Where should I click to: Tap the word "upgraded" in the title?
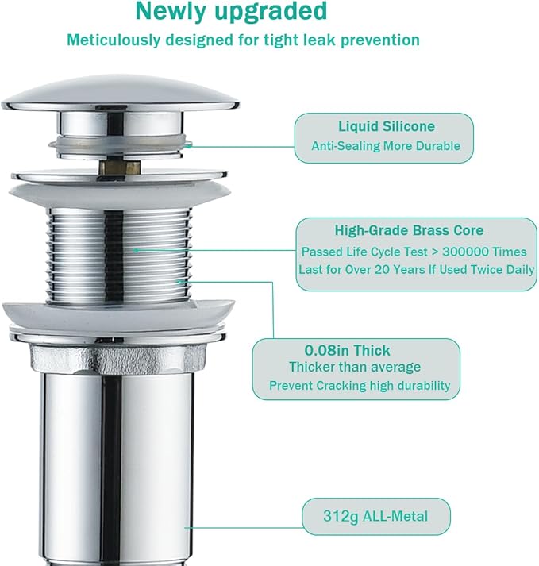pos(271,12)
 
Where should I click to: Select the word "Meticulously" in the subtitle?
pos(114,40)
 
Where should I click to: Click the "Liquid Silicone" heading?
pos(387,126)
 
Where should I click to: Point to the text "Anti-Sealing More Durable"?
pos(386,146)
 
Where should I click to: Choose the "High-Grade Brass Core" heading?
pos(409,230)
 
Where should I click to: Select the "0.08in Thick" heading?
pos(347,350)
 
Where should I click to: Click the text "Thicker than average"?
pos(355,367)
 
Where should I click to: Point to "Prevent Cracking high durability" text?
pos(360,386)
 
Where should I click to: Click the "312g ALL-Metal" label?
pos(375,516)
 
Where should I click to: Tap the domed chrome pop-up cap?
pos(120,93)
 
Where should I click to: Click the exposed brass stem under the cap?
pos(120,167)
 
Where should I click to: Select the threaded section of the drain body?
pos(119,256)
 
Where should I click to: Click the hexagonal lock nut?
pos(118,358)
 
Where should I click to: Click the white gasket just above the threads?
pos(120,194)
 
